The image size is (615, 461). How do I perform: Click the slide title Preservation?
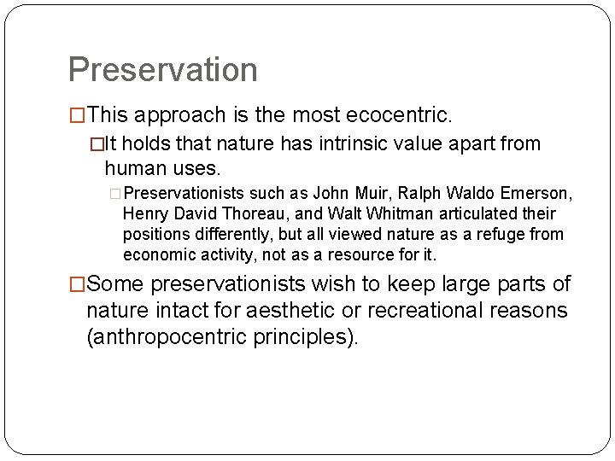tap(162, 70)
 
